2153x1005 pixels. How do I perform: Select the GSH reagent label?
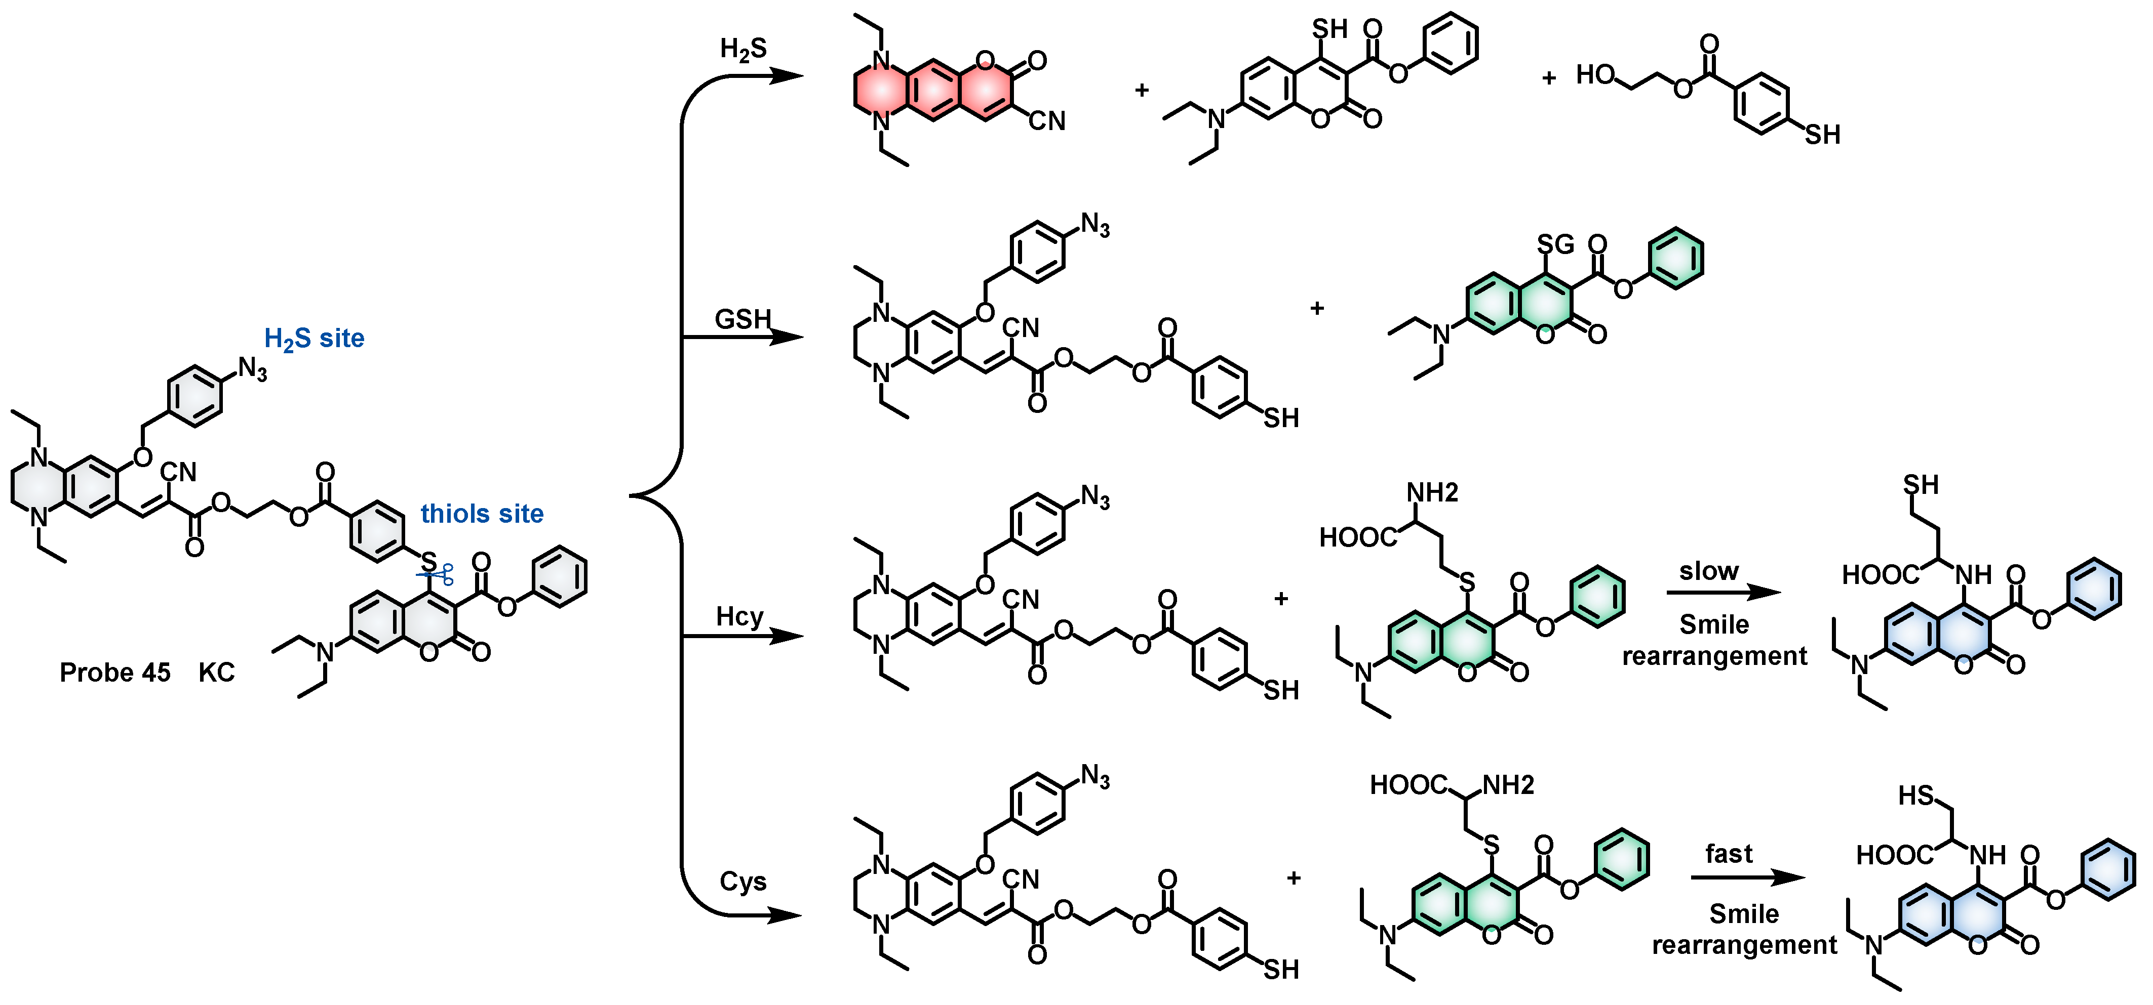tap(742, 319)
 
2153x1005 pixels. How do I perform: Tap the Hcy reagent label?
tap(739, 616)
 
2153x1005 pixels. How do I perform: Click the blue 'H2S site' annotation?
tap(314, 339)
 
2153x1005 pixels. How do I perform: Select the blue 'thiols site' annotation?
tap(482, 514)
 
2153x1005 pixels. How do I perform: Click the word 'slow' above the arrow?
tap(1708, 571)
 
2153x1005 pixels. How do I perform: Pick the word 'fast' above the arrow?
tap(1729, 854)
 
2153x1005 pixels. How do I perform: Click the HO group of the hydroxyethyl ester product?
tap(1594, 75)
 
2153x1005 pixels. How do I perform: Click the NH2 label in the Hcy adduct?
tap(1432, 493)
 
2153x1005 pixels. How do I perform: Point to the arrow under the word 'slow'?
tap(1724, 592)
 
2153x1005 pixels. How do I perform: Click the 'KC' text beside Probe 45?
tap(216, 673)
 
